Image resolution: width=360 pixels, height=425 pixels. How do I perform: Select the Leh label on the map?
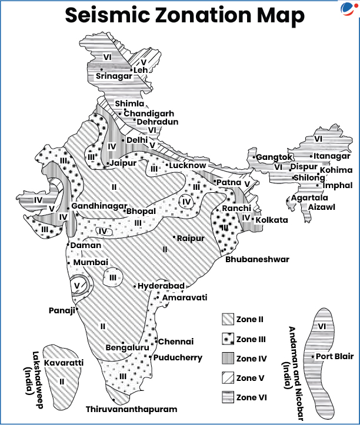141,71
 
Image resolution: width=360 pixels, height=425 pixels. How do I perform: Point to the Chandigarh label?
149,113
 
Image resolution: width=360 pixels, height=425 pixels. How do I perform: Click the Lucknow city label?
188,166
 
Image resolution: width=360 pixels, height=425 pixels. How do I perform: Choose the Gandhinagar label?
99,206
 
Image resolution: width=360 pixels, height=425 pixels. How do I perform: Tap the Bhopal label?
141,211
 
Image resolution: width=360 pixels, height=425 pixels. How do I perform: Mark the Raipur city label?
191,238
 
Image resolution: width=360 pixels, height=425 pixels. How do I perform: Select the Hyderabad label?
161,286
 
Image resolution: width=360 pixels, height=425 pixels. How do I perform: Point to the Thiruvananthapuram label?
131,409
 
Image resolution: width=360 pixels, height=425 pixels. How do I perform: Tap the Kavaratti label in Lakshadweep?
64,363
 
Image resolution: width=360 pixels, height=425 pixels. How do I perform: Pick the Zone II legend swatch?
228,320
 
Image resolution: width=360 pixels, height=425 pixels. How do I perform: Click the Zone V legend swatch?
228,378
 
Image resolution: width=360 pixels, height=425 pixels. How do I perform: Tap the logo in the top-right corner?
348,9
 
